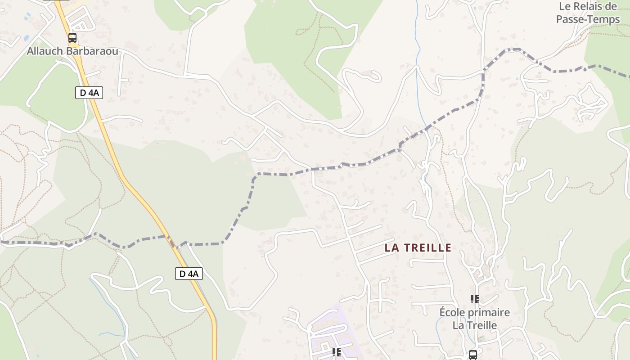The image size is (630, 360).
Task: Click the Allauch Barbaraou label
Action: (72, 51)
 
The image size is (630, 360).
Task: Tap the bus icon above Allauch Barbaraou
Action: (72, 38)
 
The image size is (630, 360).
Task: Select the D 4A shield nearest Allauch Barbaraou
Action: (89, 93)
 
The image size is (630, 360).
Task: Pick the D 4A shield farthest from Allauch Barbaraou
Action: (189, 274)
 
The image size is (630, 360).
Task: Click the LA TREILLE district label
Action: (418, 248)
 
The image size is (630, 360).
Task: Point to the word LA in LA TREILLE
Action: (391, 248)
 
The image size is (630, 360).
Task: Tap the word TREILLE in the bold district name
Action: (427, 248)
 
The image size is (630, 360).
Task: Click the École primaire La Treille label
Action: (475, 319)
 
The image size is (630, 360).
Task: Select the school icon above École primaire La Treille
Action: (474, 299)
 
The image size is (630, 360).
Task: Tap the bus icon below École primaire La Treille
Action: (473, 355)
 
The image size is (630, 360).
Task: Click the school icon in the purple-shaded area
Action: (336, 352)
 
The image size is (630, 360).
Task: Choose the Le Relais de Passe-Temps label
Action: (588, 13)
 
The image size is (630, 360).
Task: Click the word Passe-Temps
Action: (588, 19)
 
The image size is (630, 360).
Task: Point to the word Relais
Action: (587, 6)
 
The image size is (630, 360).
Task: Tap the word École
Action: (453, 312)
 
